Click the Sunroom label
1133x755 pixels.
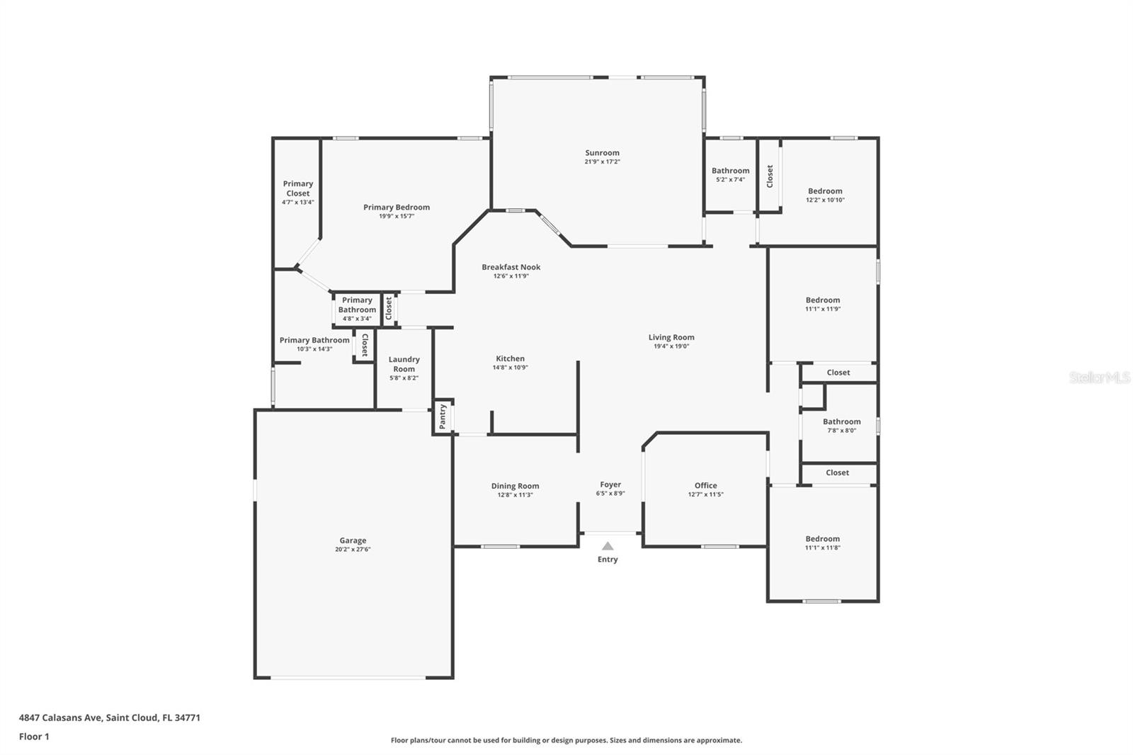click(602, 153)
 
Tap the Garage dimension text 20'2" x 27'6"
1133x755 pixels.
click(353, 550)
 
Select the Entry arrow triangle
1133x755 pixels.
click(608, 546)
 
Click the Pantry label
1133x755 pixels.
click(443, 416)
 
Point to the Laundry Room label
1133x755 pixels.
click(404, 364)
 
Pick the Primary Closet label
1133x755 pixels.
click(297, 188)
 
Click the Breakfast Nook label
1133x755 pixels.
click(511, 267)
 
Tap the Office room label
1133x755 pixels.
click(705, 485)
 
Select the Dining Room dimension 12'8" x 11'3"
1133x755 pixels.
click(515, 495)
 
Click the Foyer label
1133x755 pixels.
click(610, 484)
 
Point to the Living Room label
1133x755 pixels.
click(671, 337)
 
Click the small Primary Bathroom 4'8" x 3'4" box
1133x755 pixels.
click(357, 309)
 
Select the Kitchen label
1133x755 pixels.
click(510, 358)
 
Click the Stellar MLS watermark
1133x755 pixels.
click(1099, 378)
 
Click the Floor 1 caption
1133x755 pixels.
click(34, 737)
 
